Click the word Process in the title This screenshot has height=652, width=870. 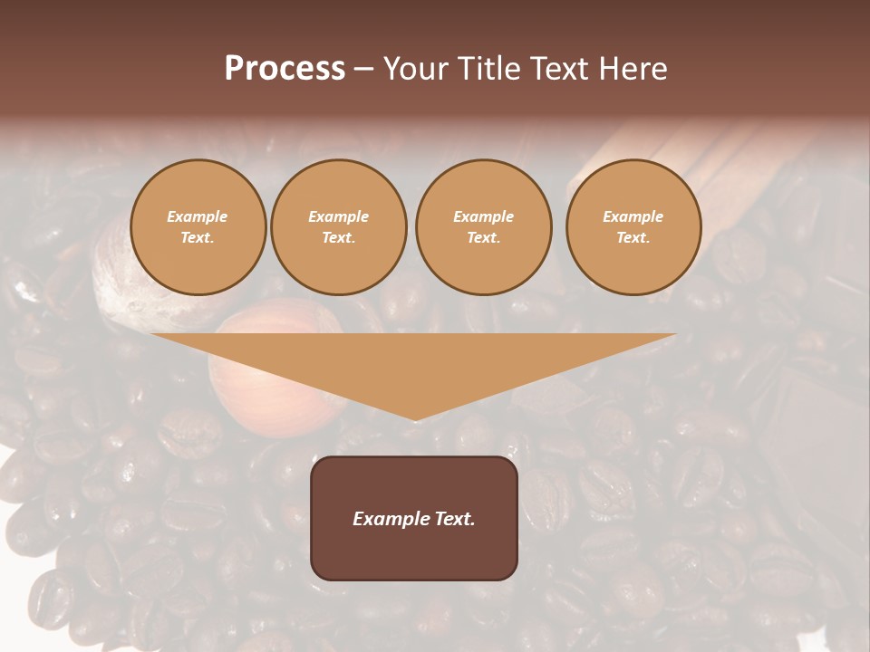click(x=285, y=68)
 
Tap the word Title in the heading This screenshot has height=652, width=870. click(x=487, y=68)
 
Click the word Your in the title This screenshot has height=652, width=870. click(x=418, y=68)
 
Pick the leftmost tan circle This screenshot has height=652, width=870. click(x=198, y=226)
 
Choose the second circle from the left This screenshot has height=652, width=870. click(x=339, y=226)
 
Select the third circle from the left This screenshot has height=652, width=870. click(x=483, y=226)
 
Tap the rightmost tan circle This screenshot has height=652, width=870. click(x=633, y=226)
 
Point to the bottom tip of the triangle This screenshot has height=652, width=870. click(x=415, y=418)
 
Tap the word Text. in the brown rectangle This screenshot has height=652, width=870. click(x=453, y=519)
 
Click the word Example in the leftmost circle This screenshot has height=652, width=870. click(x=198, y=216)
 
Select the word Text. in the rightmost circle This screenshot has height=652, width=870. click(x=633, y=237)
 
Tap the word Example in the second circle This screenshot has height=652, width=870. click(x=339, y=216)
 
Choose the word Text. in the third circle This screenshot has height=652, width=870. click(x=483, y=237)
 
